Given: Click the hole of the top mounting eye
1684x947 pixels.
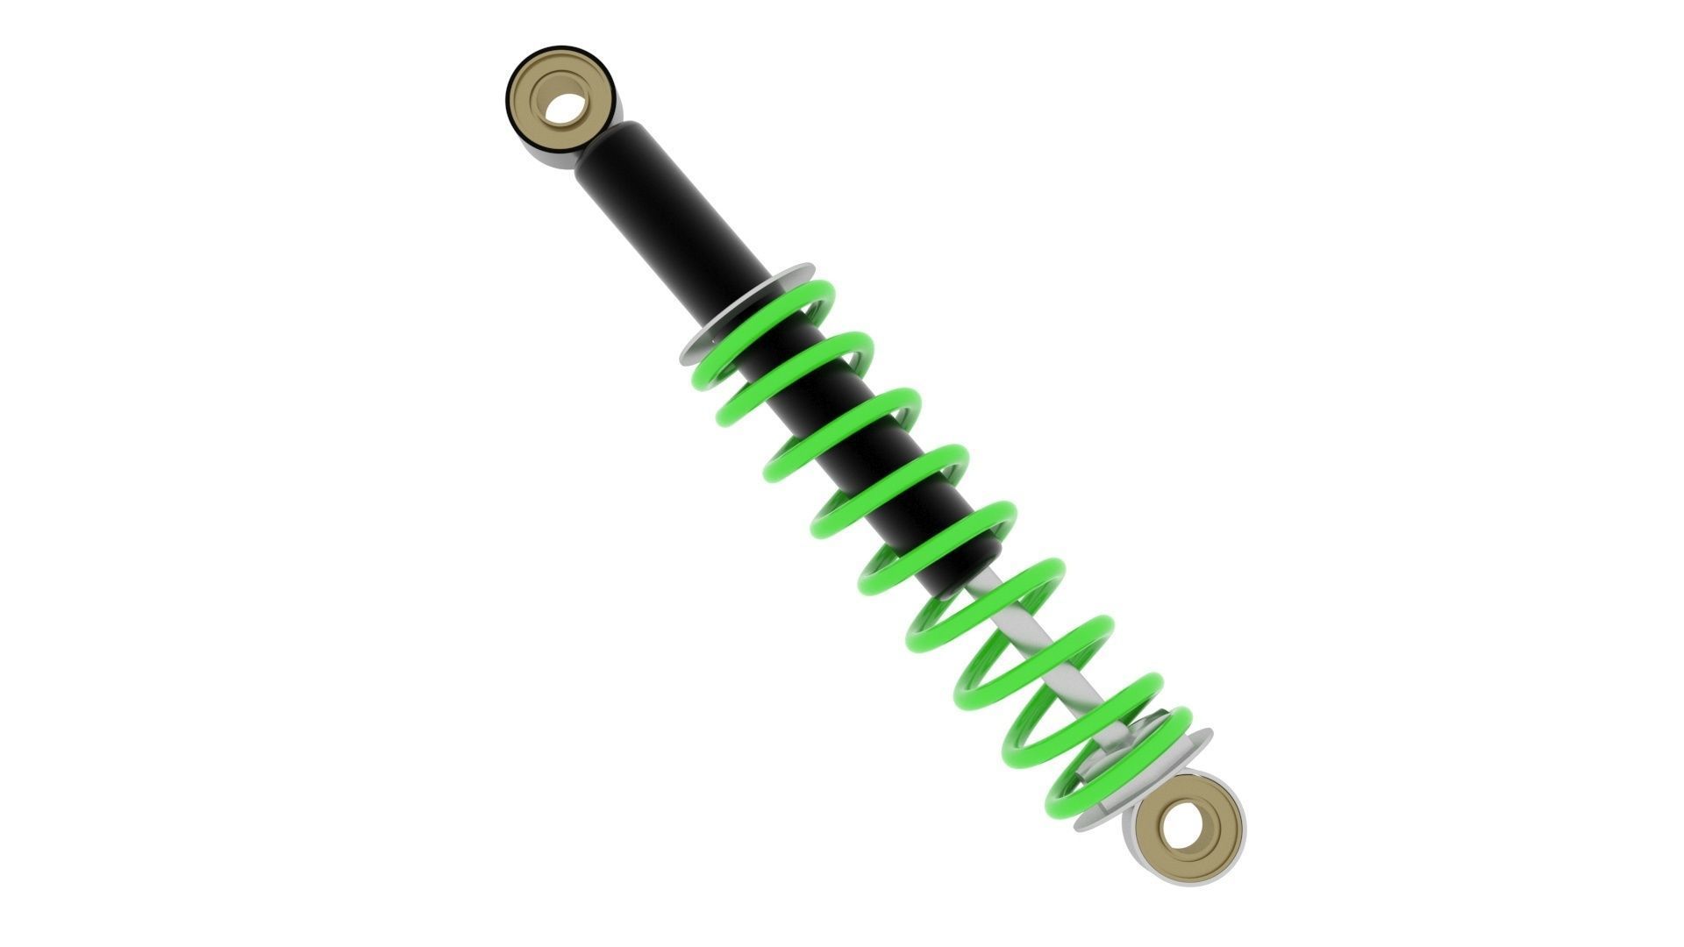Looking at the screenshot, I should pos(566,108).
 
